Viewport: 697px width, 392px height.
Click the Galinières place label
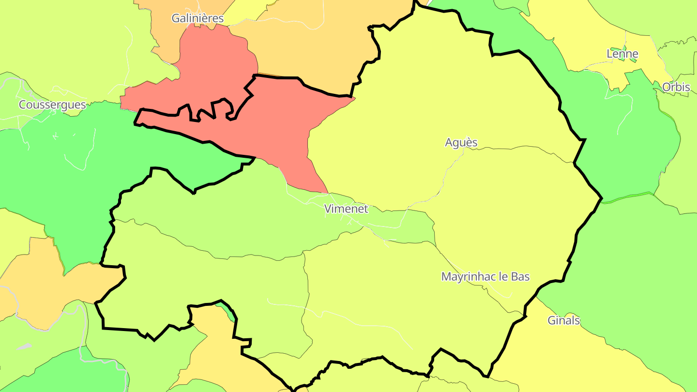tap(197, 18)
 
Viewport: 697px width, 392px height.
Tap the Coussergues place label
tap(52, 105)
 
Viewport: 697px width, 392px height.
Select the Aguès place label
tap(461, 142)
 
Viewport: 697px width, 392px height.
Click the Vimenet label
tap(346, 209)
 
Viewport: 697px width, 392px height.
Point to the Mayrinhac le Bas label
tap(485, 277)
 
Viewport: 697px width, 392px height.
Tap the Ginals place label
tap(563, 320)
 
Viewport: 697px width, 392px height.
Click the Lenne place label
tap(622, 54)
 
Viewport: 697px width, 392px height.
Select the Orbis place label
tap(676, 87)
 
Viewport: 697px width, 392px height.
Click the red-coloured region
tap(281, 126)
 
